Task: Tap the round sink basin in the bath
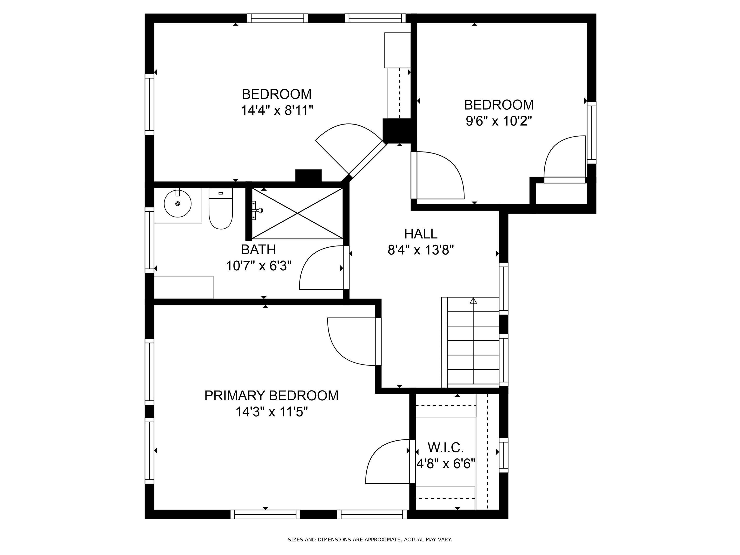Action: click(x=178, y=204)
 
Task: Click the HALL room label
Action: click(x=421, y=234)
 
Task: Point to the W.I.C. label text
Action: click(x=446, y=448)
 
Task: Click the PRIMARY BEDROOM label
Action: click(x=271, y=396)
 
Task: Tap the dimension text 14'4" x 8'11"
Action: click(x=277, y=110)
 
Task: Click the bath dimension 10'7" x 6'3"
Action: click(x=259, y=266)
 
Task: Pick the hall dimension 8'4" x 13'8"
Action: click(x=421, y=250)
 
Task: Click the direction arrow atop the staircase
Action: click(x=473, y=301)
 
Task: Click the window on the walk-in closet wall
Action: click(x=503, y=455)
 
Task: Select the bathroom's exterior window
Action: click(x=149, y=240)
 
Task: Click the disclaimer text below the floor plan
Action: click(x=370, y=539)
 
